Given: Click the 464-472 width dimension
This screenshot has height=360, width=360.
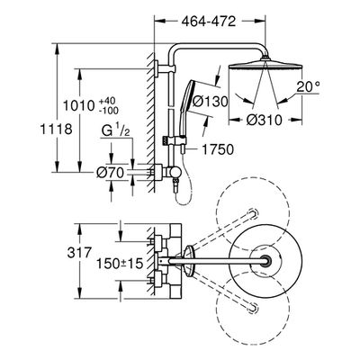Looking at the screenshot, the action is pyautogui.click(x=209, y=22).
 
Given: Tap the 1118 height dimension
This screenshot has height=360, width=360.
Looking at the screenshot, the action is pyautogui.click(x=57, y=129).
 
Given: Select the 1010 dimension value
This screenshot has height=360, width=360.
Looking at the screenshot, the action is pyautogui.click(x=78, y=105).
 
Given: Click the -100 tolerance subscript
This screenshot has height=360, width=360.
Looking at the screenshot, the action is pyautogui.click(x=109, y=111).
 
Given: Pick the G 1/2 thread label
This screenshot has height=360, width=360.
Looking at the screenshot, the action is pyautogui.click(x=115, y=130).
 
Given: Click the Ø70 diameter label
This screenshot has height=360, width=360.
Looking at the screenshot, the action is pyautogui.click(x=110, y=173).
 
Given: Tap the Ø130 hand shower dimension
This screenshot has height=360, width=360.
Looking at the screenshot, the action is pyautogui.click(x=210, y=102).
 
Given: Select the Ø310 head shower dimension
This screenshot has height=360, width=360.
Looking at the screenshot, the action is pyautogui.click(x=265, y=121).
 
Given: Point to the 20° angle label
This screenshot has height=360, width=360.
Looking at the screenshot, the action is pyautogui.click(x=308, y=86).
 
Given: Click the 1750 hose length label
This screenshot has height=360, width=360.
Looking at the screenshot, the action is pyautogui.click(x=217, y=149).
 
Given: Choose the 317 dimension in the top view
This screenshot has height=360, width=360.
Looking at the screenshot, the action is pyautogui.click(x=79, y=252).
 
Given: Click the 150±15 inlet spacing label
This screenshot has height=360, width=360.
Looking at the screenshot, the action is pyautogui.click(x=120, y=264).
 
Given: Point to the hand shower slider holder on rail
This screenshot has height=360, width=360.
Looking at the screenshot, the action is pyautogui.click(x=175, y=139).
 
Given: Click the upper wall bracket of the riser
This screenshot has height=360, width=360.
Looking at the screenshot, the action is pyautogui.click(x=165, y=68).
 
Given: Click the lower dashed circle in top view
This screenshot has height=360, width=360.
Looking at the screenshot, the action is pyautogui.click(x=253, y=308).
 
